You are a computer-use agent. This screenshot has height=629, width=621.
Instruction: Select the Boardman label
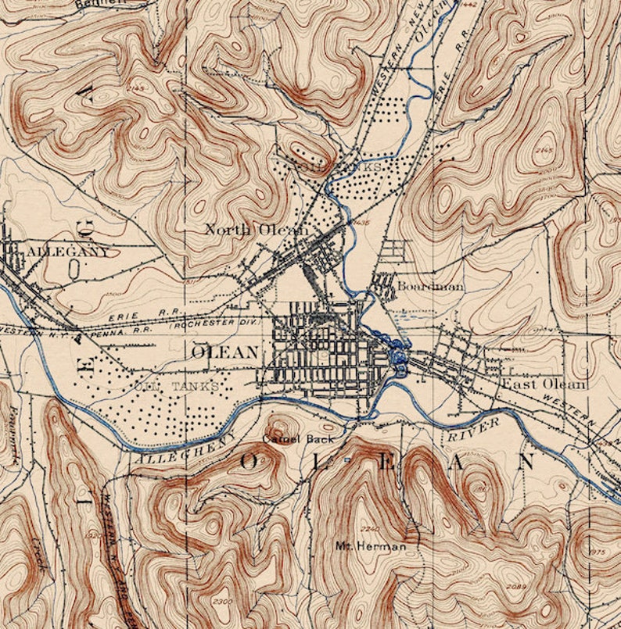click(430, 287)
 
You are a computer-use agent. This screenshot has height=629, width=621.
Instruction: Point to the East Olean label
click(544, 384)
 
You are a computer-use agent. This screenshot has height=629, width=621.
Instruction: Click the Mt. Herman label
click(371, 546)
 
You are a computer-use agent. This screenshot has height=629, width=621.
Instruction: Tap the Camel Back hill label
click(298, 439)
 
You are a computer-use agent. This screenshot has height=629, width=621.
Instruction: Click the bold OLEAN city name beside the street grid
click(224, 352)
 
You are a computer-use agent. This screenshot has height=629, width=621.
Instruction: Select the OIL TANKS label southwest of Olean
click(177, 386)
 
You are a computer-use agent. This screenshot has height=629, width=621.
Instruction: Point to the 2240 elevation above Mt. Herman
click(369, 528)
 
